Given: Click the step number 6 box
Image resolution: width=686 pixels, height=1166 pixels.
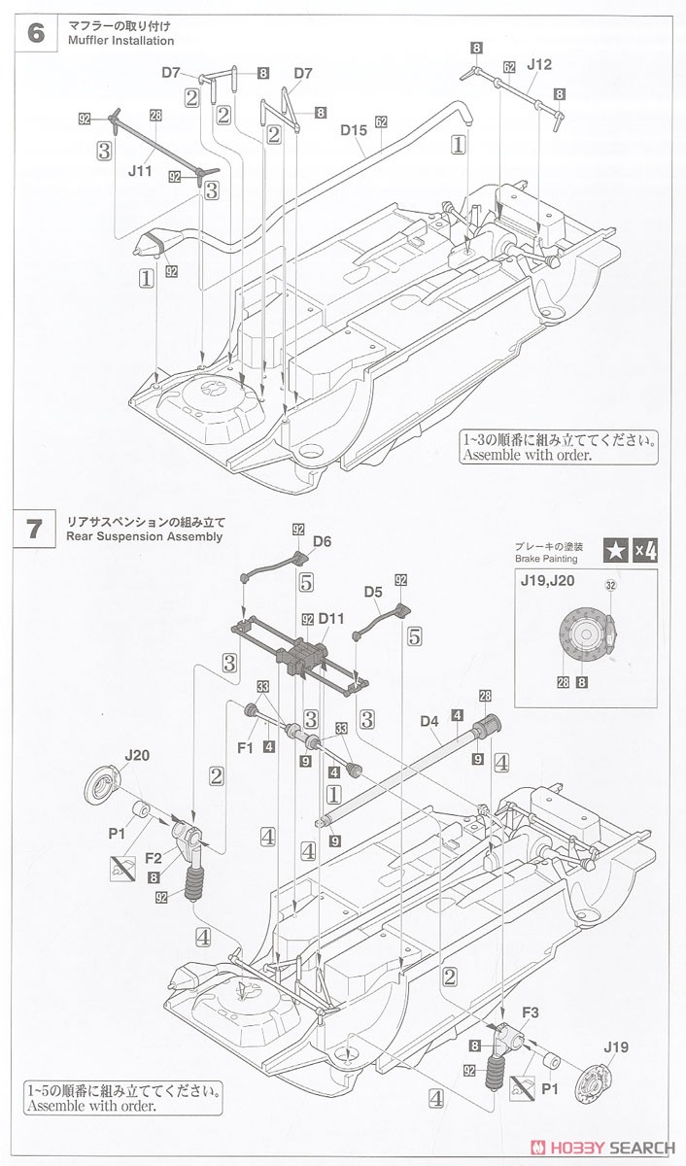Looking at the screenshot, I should (36, 33).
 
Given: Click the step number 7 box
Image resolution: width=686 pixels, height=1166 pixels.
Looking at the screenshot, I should (36, 529).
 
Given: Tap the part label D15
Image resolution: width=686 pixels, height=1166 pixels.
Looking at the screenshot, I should (353, 127).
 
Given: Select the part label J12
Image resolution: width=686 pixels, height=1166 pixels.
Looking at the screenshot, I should (539, 65).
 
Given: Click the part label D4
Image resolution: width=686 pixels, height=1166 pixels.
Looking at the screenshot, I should (429, 721).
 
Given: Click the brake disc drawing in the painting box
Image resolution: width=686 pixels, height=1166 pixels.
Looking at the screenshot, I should (582, 638).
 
